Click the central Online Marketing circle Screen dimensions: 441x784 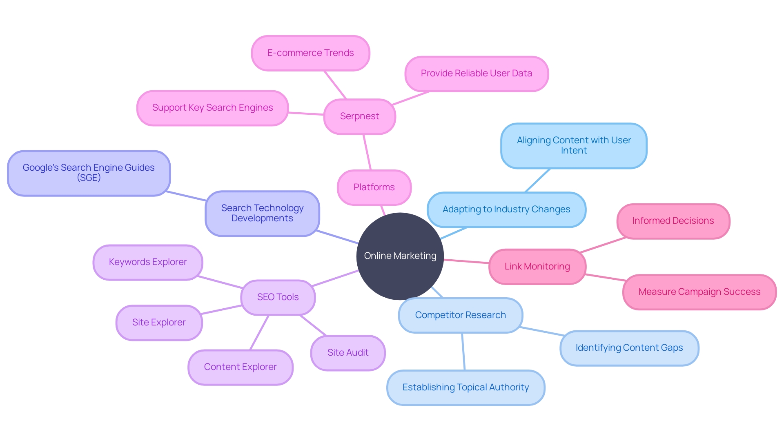pyautogui.click(x=400, y=256)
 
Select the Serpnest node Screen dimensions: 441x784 pyautogui.click(x=359, y=116)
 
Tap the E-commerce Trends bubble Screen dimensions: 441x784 pyautogui.click(x=310, y=53)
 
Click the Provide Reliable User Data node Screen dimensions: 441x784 pyautogui.click(x=476, y=73)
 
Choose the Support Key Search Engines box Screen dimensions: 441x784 pyautogui.click(x=212, y=108)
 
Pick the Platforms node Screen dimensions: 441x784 pyautogui.click(x=374, y=187)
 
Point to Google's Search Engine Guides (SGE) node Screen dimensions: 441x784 pyautogui.click(x=89, y=173)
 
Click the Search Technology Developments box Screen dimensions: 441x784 pyautogui.click(x=262, y=213)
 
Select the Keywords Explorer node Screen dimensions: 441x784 pyautogui.click(x=147, y=262)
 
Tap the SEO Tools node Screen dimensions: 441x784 pyautogui.click(x=278, y=297)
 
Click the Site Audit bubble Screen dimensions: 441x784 pyautogui.click(x=347, y=353)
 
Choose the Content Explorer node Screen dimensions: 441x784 pyautogui.click(x=240, y=367)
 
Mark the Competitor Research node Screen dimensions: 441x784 pyautogui.click(x=460, y=315)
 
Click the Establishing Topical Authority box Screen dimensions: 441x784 pyautogui.click(x=465, y=388)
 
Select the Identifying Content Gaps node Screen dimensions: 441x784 pyautogui.click(x=629, y=348)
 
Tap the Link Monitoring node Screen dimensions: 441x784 pyautogui.click(x=537, y=267)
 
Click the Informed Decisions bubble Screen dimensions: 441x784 pyautogui.click(x=673, y=221)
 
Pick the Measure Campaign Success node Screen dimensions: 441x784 pyautogui.click(x=699, y=292)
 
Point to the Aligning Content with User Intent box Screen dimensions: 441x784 pyautogui.click(x=574, y=145)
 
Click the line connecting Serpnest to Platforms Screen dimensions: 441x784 pyautogui.click(x=367, y=152)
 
